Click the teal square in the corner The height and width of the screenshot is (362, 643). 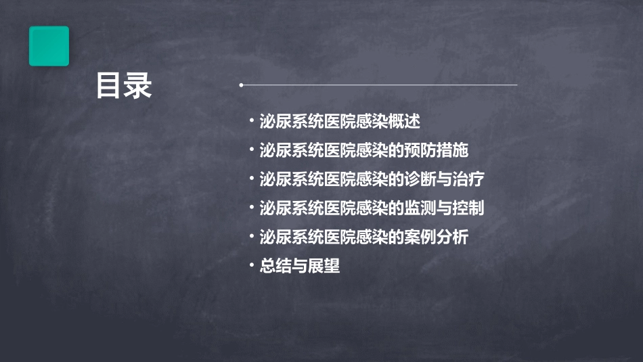coord(49,46)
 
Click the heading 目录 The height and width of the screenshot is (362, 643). coord(124,87)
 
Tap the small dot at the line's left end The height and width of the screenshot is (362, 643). coord(241,85)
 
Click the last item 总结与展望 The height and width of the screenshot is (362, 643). coord(300,267)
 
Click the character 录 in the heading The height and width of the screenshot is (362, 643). coord(139,87)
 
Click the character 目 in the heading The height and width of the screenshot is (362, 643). coord(109,87)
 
